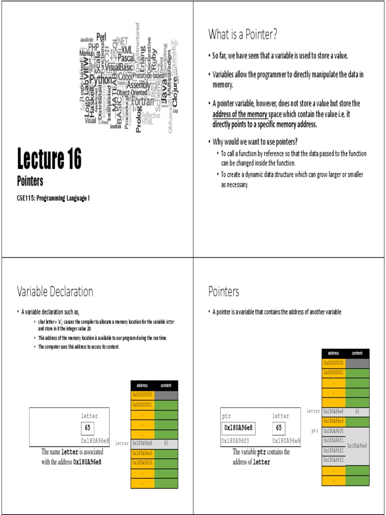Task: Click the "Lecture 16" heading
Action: [x=49, y=159]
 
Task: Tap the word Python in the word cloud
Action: [x=101, y=79]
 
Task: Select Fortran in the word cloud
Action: [x=142, y=102]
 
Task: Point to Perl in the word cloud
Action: [x=101, y=37]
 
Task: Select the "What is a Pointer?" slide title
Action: [x=243, y=35]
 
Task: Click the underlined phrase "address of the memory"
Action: [x=239, y=114]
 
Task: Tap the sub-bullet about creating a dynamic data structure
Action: [x=292, y=179]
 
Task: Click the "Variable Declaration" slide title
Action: [x=55, y=292]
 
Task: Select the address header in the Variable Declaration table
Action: [x=143, y=385]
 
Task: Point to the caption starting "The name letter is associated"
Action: [x=71, y=456]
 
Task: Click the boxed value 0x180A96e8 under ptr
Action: [x=238, y=428]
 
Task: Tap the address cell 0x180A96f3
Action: [x=334, y=460]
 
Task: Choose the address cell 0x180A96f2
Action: [x=334, y=450]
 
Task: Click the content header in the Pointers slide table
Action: [x=357, y=353]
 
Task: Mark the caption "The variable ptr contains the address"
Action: [x=261, y=457]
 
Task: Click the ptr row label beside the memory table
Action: [x=315, y=431]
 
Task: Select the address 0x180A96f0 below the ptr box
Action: [x=237, y=441]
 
